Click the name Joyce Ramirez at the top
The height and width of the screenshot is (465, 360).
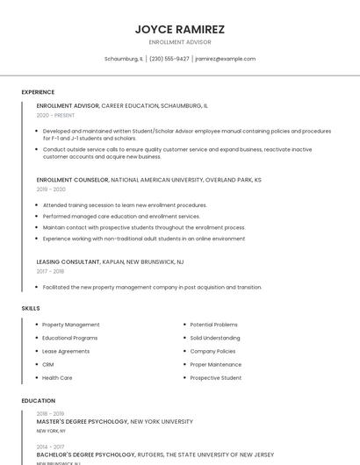point(180,29)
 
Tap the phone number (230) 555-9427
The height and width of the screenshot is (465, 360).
point(169,59)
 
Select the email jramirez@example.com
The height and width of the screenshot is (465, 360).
point(226,59)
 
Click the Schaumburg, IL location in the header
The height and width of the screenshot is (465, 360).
point(124,59)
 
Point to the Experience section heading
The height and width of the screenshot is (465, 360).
point(38,92)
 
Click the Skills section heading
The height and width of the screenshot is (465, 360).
point(31,309)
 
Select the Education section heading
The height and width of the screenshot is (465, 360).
point(38,401)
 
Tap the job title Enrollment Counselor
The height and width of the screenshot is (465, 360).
point(72,180)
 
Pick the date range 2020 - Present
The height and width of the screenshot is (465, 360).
point(55,115)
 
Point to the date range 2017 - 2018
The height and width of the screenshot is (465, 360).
point(51,271)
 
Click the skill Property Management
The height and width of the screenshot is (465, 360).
point(71,325)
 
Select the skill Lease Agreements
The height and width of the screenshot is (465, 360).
point(66,351)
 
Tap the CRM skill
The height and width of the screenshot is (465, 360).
point(48,364)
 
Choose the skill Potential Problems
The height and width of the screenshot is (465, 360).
point(214,325)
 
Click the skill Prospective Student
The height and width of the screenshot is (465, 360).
point(216,377)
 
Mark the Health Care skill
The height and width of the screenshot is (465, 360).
point(57,377)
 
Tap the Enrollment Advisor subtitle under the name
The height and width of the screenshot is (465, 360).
point(180,42)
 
